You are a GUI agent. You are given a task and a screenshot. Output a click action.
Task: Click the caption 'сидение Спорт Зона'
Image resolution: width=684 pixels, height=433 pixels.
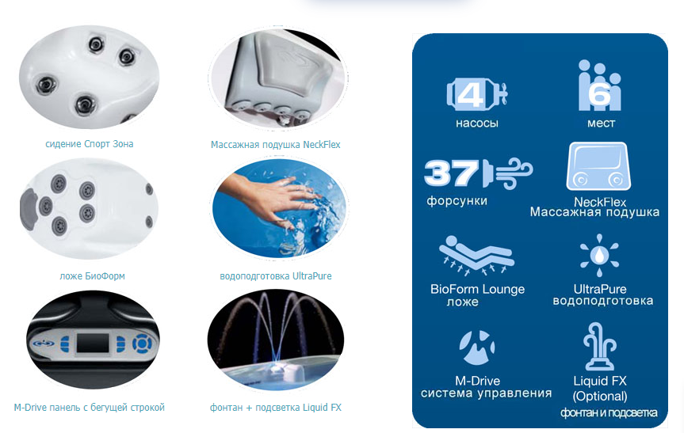tap(90, 144)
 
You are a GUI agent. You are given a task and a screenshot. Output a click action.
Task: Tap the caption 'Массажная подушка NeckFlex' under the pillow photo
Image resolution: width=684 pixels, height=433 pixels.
tap(275, 145)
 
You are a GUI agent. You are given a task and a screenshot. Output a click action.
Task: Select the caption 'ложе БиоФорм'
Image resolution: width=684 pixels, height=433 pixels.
tap(92, 276)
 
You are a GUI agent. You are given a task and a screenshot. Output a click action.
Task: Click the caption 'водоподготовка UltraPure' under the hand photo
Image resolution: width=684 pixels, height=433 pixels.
tap(276, 276)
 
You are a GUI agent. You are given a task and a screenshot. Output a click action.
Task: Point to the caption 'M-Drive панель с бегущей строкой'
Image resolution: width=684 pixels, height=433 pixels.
tap(90, 408)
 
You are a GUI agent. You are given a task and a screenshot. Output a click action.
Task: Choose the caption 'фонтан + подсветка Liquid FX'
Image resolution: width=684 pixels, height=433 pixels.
tap(276, 408)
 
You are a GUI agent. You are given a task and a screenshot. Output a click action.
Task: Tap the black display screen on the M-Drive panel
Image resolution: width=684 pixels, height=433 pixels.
tap(93, 344)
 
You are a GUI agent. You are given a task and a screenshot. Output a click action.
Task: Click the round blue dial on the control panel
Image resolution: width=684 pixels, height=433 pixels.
tap(142, 344)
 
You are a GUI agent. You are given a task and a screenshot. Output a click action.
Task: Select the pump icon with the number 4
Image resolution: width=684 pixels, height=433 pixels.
tap(477, 94)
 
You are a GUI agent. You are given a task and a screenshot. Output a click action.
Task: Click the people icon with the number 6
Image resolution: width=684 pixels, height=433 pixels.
tap(599, 85)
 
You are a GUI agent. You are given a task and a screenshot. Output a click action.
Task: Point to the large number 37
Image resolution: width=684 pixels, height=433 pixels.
tap(451, 173)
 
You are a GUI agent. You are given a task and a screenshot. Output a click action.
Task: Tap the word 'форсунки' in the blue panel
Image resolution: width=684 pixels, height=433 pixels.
tap(457, 201)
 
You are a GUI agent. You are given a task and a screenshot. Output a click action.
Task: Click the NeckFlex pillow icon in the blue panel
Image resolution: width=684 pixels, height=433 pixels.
tap(598, 166)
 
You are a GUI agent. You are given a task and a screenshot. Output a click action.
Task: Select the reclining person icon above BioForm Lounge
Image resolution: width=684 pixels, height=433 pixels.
tap(476, 256)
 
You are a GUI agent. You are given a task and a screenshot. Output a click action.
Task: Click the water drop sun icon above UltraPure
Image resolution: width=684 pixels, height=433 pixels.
tap(599, 255)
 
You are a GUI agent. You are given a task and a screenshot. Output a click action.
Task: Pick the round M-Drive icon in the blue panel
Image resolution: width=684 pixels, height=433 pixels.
tap(477, 348)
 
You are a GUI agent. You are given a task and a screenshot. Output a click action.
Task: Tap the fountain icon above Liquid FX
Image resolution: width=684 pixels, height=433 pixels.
tap(600, 347)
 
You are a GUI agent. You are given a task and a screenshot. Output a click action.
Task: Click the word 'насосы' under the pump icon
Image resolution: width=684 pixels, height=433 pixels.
tap(477, 123)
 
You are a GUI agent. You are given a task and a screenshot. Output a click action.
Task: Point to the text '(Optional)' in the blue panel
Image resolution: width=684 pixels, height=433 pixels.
tap(600, 397)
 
